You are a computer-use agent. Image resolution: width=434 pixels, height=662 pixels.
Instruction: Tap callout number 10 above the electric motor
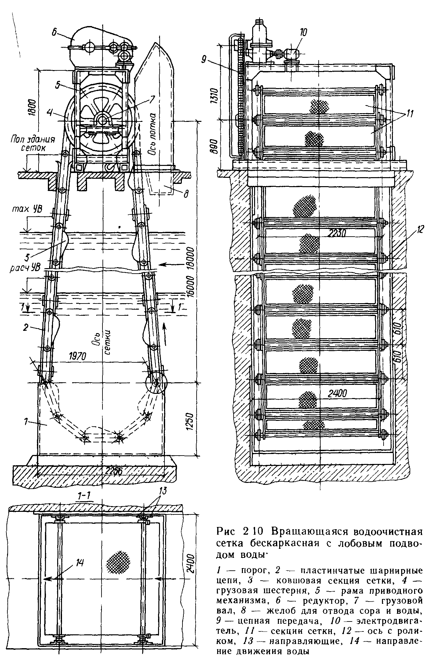303,32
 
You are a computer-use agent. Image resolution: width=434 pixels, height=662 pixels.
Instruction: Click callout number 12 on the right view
420,230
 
